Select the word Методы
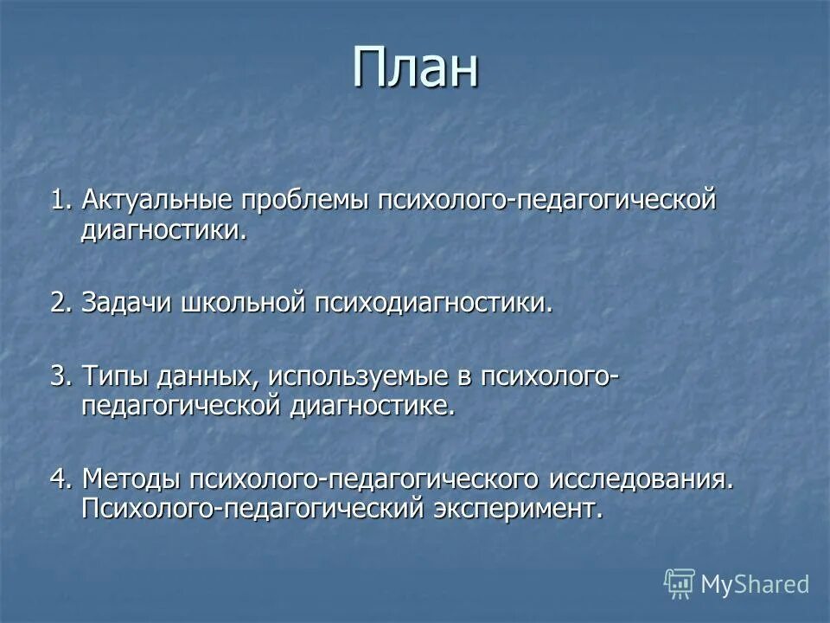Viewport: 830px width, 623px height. [131, 478]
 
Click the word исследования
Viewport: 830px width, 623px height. [641, 478]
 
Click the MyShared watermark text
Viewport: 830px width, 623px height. [754, 584]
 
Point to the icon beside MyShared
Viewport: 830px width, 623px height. [680, 584]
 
